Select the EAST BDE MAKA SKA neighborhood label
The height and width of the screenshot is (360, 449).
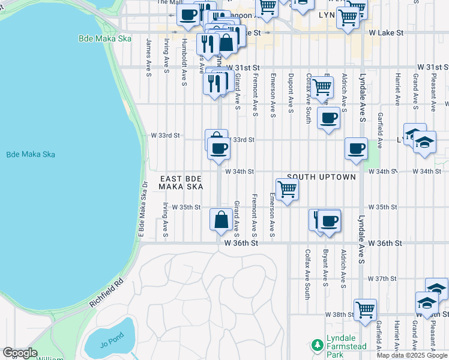[181, 183]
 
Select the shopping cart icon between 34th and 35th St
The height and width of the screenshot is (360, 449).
[288, 189]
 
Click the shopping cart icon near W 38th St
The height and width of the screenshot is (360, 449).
[365, 310]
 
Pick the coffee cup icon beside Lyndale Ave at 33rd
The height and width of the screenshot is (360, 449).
[356, 148]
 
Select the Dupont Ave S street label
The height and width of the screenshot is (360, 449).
[291, 93]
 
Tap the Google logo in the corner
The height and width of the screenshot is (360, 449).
[19, 353]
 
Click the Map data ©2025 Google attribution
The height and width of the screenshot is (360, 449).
[412, 355]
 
